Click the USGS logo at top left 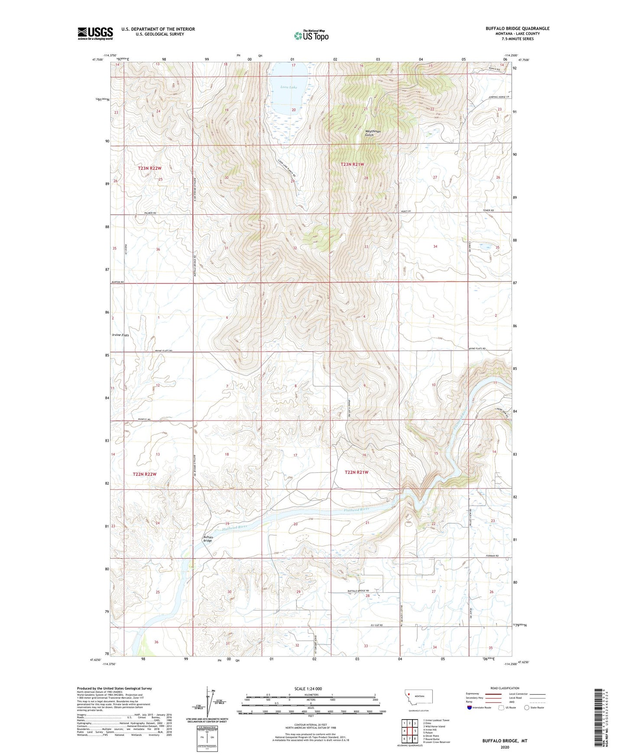pyautogui.click(x=95, y=33)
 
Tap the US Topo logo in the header pyautogui.click(x=311, y=36)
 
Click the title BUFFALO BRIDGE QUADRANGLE pyautogui.click(x=517, y=29)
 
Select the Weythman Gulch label pyautogui.click(x=372, y=133)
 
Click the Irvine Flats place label pyautogui.click(x=120, y=335)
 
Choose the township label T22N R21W pyautogui.click(x=356, y=472)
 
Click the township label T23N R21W pyautogui.click(x=352, y=165)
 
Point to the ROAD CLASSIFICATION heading pyautogui.click(x=505, y=688)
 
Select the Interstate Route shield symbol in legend pyautogui.click(x=470, y=708)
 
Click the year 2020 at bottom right pyautogui.click(x=505, y=747)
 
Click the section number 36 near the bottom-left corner pyautogui.click(x=156, y=642)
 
